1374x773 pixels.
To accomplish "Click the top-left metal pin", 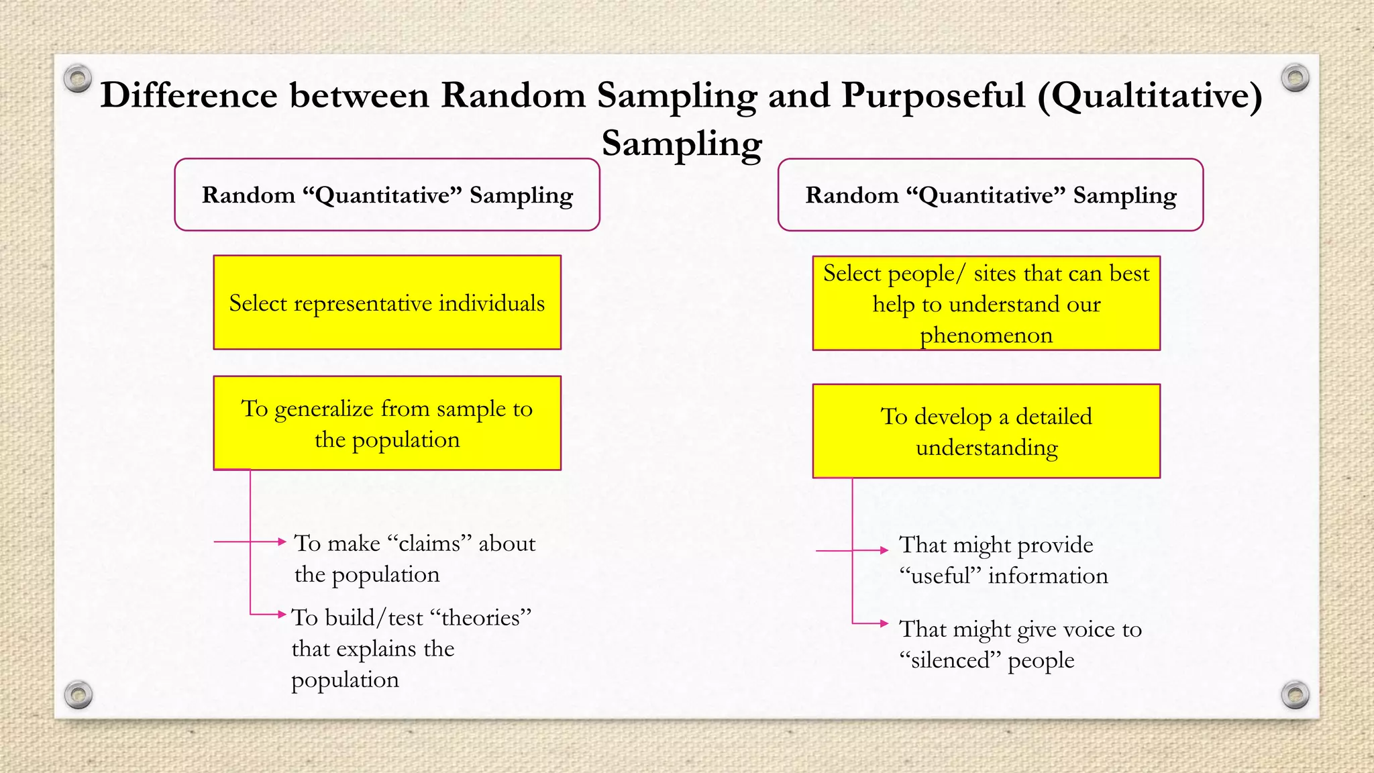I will click(x=78, y=79).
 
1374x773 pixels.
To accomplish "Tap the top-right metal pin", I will click(x=1295, y=78).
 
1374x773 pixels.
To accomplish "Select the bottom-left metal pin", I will click(x=78, y=694).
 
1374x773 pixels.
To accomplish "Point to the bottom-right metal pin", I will click(x=1295, y=694).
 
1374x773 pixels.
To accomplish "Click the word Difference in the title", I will click(x=189, y=95).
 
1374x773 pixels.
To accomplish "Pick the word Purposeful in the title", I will click(x=933, y=95).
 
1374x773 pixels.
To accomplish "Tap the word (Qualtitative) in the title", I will click(x=1149, y=95).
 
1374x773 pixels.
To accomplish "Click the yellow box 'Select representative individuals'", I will click(x=387, y=303).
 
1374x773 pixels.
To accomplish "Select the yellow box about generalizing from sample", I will click(x=387, y=423).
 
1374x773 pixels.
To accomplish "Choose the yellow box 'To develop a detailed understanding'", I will click(x=986, y=431).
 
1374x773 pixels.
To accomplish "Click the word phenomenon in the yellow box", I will click(x=986, y=335).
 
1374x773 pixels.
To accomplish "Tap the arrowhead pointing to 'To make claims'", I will click(x=282, y=542).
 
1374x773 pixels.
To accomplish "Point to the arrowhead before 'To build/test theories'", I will click(x=282, y=614).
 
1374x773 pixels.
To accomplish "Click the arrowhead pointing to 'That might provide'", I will click(x=884, y=550).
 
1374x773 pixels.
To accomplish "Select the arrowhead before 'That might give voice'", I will click(x=884, y=623).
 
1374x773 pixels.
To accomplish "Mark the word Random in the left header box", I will click(x=248, y=195).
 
